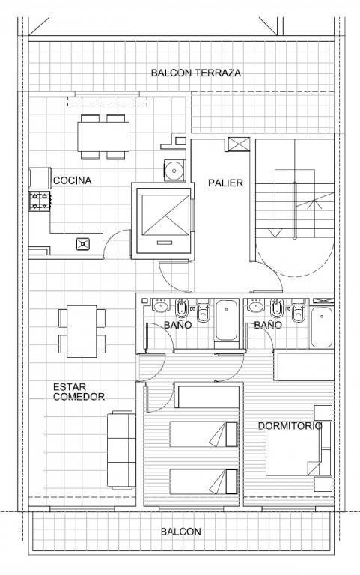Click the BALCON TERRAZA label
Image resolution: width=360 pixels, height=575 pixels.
[196, 73]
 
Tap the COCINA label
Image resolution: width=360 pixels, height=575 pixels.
[72, 180]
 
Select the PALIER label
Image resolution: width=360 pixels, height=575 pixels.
[225, 183]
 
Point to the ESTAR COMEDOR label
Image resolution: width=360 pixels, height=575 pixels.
[79, 392]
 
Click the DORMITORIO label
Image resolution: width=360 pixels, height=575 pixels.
[290, 426]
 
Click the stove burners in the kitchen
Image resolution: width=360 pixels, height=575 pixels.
[40, 201]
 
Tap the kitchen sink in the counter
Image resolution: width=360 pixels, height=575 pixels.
[83, 244]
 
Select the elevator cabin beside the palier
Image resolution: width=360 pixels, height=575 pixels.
[164, 220]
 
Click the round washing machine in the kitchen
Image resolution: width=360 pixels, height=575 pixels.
[174, 170]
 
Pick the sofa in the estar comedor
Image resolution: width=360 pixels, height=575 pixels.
[121, 450]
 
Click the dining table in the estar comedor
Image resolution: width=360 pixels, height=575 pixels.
[82, 332]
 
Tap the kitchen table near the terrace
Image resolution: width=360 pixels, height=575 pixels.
[103, 137]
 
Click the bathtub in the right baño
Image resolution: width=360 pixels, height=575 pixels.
[322, 327]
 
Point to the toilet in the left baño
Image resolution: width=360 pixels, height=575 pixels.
[203, 310]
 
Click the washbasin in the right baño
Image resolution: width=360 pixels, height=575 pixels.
[256, 305]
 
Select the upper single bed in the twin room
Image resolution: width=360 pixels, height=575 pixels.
[204, 434]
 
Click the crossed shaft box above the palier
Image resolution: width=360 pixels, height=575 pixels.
[239, 144]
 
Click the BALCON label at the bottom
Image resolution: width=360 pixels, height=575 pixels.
[181, 532]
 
